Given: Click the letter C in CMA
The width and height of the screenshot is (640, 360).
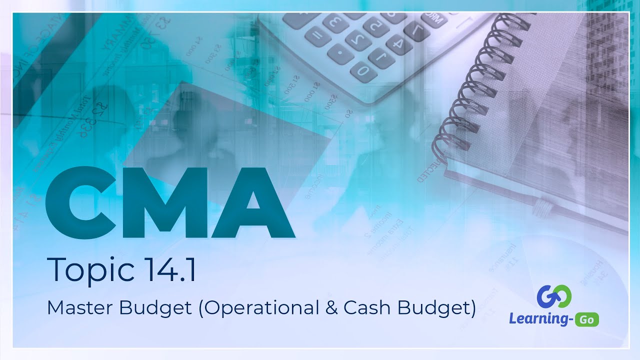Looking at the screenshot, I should (x=80, y=202).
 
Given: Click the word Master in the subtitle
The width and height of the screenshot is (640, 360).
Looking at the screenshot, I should (x=80, y=307).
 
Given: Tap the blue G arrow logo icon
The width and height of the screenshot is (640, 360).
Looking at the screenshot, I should (x=554, y=296).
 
